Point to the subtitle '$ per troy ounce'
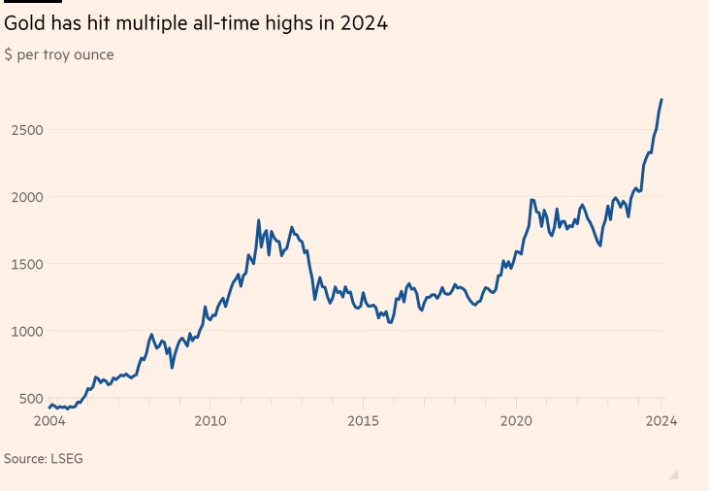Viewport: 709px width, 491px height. [x=59, y=55]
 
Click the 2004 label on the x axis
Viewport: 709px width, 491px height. [x=49, y=421]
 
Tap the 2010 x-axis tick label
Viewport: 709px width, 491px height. [x=210, y=421]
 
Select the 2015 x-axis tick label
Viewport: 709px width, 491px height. [x=363, y=421]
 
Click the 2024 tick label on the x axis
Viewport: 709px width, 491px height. [x=661, y=421]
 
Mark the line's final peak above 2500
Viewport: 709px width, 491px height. [x=661, y=100]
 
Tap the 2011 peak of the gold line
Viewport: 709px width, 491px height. [x=259, y=220]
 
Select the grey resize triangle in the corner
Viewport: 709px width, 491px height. [x=673, y=475]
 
